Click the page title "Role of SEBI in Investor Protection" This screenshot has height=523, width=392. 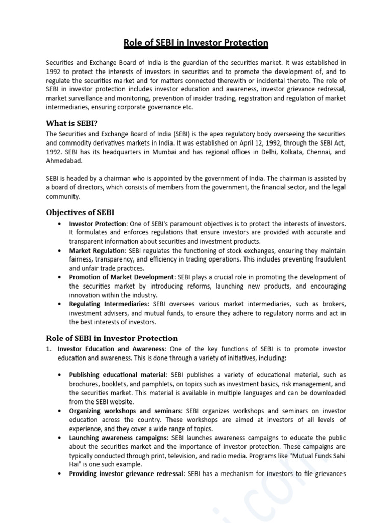pyautogui.click(x=197, y=42)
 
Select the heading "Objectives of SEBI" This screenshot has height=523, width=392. pyautogui.click(x=80, y=212)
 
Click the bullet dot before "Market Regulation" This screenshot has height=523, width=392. pyautogui.click(x=61, y=251)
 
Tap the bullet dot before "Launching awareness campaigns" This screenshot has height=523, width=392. pyautogui.click(x=61, y=438)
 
